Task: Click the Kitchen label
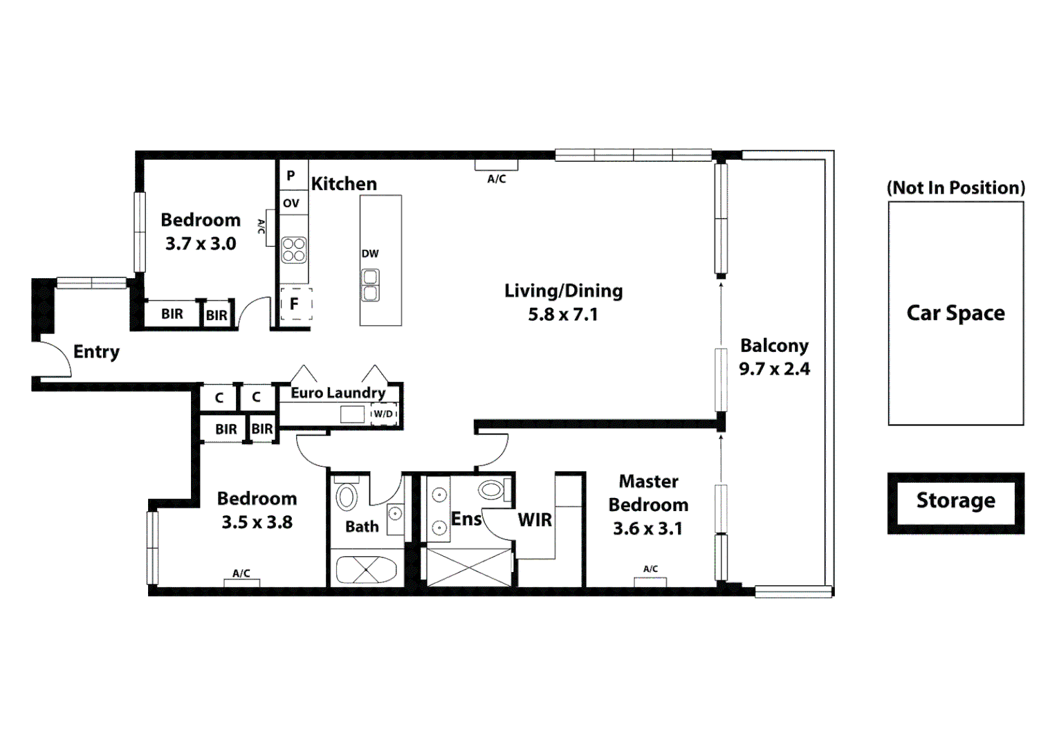pos(344,184)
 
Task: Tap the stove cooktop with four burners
pos(294,250)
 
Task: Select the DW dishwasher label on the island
pos(370,254)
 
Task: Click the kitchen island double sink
pos(371,285)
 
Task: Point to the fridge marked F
pos(295,304)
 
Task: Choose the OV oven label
pos(291,203)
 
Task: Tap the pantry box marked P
pos(291,176)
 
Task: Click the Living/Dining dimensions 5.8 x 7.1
pos(562,315)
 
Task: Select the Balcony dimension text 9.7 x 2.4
pos(774,369)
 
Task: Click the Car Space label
pos(955,313)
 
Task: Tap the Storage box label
pos(955,501)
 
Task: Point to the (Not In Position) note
pos(955,188)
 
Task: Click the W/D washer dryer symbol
pos(384,414)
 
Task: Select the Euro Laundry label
pos(338,393)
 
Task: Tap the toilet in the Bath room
pos(346,496)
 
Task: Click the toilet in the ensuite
pos(492,490)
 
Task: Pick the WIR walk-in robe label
pos(535,520)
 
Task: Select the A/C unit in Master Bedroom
pos(650,581)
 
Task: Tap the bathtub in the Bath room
pos(365,570)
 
